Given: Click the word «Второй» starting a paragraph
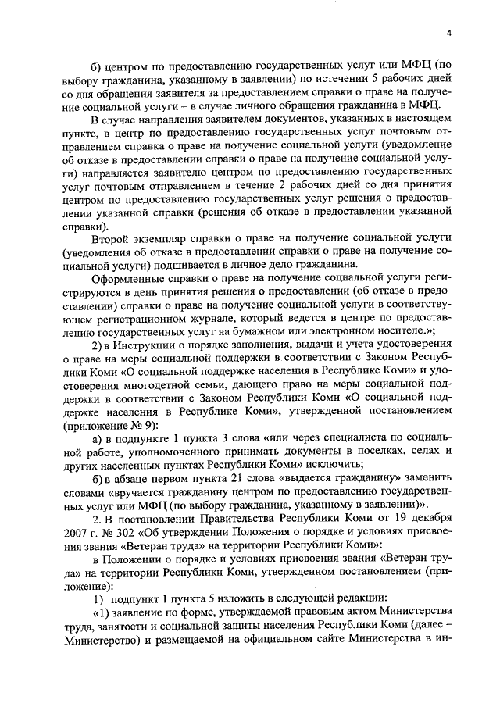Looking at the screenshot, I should (x=111, y=238).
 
